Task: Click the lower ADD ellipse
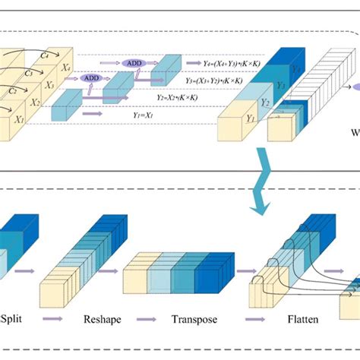click(x=92, y=77)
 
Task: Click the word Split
click(x=13, y=321)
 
